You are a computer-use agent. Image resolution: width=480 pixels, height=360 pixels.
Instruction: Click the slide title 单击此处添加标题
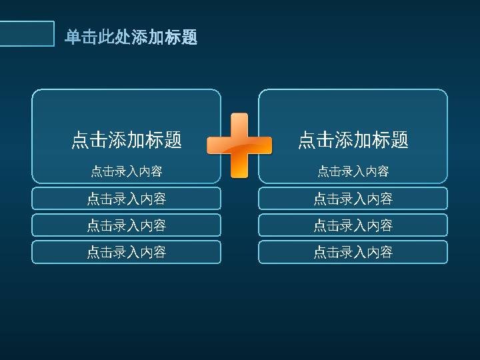131,37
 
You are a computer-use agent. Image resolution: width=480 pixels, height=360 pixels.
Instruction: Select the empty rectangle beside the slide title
27,34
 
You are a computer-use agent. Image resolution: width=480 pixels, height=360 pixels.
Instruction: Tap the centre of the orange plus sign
239,145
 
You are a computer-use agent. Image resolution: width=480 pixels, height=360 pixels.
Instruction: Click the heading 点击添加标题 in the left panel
126,140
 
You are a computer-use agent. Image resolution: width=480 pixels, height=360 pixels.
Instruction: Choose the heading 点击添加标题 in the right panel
353,140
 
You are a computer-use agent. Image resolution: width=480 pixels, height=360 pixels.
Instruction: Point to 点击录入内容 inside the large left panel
126,171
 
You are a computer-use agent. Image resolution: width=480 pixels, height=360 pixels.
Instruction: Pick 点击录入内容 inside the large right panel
353,171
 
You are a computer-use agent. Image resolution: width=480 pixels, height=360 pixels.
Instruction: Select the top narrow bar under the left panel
126,199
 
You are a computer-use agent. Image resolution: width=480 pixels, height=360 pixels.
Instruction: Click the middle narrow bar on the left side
126,225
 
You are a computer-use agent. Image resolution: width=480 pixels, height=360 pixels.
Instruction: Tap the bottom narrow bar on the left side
126,252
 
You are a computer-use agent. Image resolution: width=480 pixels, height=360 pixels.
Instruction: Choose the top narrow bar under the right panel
353,199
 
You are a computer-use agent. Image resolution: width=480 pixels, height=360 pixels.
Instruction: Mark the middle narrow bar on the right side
353,225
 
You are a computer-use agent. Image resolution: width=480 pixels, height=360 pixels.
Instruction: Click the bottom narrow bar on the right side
353,252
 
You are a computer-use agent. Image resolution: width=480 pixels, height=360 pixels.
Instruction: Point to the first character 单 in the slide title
72,37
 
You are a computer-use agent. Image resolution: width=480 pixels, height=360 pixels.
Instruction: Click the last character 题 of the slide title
190,37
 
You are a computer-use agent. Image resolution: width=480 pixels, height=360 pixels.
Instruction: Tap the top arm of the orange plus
239,123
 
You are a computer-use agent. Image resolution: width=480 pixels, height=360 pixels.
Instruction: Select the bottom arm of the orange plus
239,168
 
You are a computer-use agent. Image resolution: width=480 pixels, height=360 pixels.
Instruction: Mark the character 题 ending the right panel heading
399,140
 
